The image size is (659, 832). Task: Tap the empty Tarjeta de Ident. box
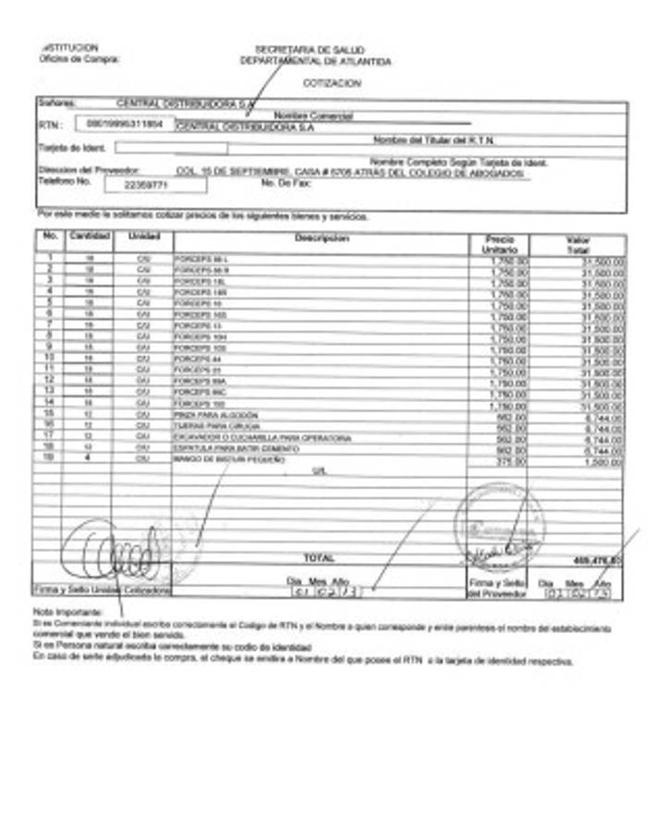(171, 147)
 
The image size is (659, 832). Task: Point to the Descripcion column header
(322, 239)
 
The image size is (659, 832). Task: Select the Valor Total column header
(578, 245)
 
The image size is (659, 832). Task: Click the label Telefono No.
(65, 181)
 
